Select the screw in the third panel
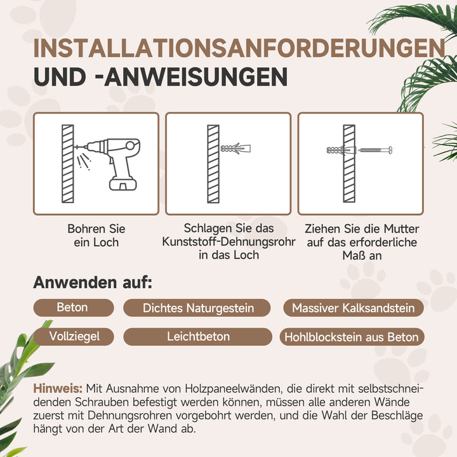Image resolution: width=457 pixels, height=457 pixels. point(374,150)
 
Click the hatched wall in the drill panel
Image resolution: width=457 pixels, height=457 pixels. point(67,164)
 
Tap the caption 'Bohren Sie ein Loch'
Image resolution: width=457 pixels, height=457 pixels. point(96,235)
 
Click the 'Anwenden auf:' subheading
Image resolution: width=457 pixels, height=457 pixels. point(93,282)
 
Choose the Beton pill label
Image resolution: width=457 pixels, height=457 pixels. point(72,308)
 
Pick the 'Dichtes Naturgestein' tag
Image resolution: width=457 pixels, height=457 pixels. point(198,308)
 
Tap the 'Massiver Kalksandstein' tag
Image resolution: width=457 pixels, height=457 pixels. point(354,308)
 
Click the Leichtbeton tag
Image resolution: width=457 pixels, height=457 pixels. point(198,336)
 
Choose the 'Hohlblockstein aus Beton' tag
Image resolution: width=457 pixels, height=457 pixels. point(352,337)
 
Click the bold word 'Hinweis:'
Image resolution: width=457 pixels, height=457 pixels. point(58,388)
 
